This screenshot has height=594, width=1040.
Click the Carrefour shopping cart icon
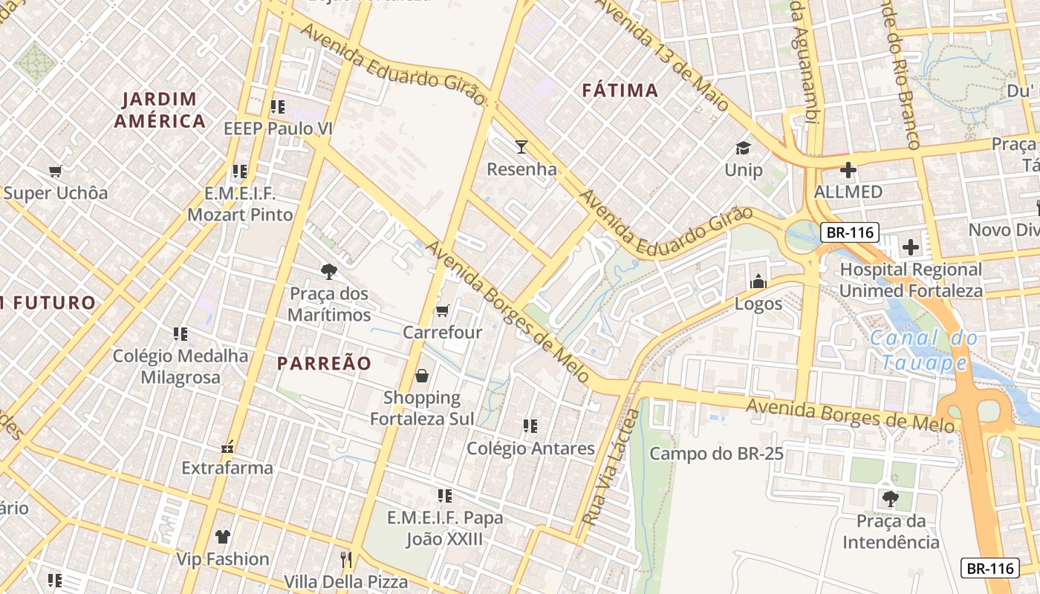[442, 310]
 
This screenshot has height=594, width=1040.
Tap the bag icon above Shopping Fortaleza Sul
[422, 376]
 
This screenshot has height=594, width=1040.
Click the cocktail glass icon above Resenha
[521, 146]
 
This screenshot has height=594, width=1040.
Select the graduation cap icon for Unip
[743, 148]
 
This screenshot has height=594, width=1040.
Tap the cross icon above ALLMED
[848, 170]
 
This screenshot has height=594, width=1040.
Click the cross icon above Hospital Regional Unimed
[911, 247]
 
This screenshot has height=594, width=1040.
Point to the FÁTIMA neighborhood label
[620, 91]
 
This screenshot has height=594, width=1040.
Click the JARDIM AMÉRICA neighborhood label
[160, 110]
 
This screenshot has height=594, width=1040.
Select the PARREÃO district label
[324, 363]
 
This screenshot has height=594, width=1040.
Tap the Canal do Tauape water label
[925, 350]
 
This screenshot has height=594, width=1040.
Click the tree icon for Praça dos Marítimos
[328, 272]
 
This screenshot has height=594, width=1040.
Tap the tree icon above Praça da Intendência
[890, 498]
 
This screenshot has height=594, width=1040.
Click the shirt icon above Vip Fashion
[222, 536]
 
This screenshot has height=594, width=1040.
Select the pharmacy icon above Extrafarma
[228, 447]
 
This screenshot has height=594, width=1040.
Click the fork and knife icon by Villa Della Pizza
[345, 559]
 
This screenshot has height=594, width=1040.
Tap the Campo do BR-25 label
[716, 453]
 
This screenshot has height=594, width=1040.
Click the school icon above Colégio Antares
[530, 426]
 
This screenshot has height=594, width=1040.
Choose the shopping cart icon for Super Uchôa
[55, 172]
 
